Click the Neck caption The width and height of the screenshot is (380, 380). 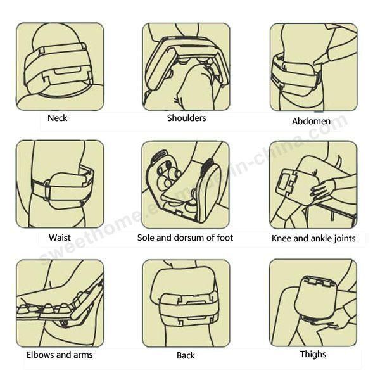pyautogui.click(x=58, y=118)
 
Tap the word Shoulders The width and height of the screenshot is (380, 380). pyautogui.click(x=186, y=118)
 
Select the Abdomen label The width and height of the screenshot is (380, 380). pyautogui.click(x=311, y=121)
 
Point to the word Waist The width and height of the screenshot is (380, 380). pyautogui.click(x=60, y=237)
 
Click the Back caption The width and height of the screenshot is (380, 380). pyautogui.click(x=186, y=355)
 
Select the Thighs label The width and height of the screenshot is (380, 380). pyautogui.click(x=313, y=354)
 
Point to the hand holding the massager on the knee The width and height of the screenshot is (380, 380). pyautogui.click(x=324, y=188)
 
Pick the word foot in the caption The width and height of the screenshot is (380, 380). pyautogui.click(x=225, y=237)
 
